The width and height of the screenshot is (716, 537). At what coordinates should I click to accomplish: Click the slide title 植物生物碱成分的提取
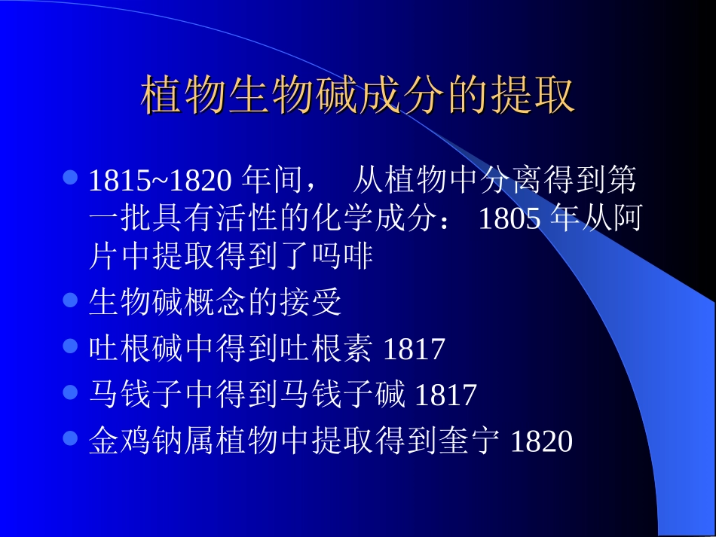(x=358, y=96)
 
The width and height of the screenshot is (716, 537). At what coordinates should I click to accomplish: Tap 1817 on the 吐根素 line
(x=415, y=350)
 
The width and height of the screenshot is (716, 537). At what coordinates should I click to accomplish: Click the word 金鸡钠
(x=136, y=441)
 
